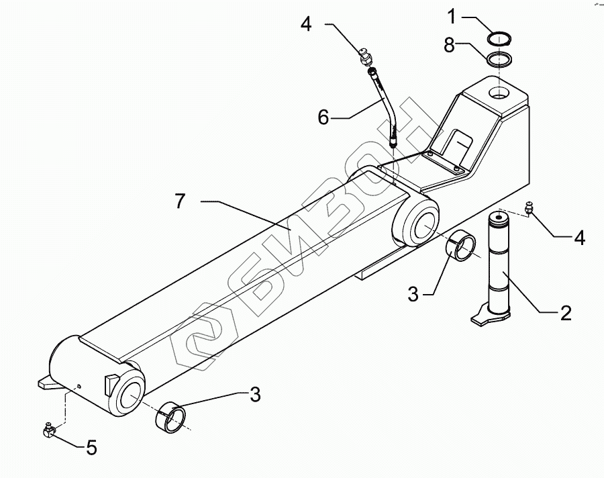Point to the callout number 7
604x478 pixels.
179,201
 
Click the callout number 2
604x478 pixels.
565,312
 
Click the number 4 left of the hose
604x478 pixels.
306,25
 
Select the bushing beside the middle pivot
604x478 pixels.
463,244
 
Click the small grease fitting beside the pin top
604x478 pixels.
530,211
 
